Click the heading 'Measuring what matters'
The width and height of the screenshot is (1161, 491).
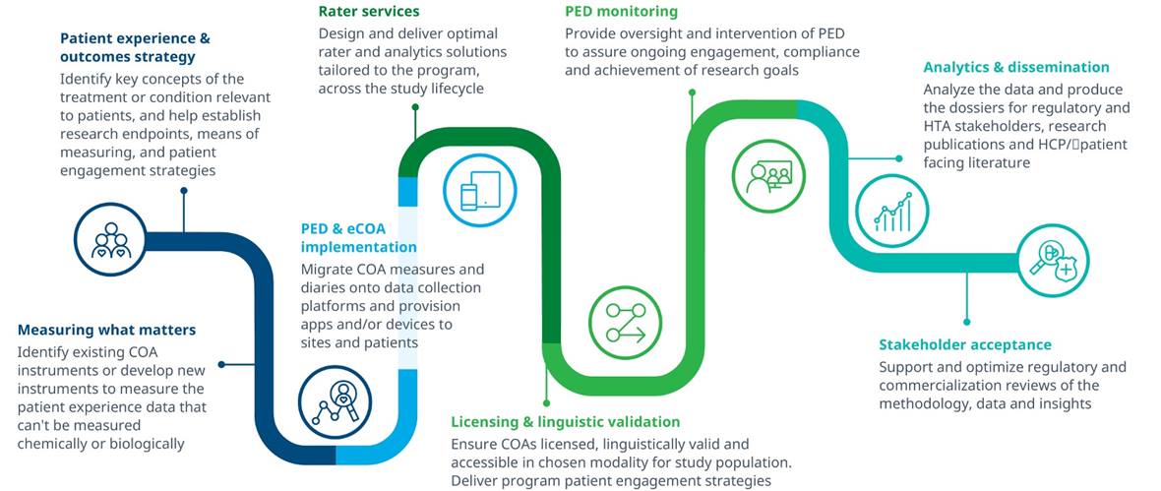(106, 330)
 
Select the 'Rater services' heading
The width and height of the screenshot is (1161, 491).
(369, 12)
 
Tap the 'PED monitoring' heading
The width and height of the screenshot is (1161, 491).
(621, 12)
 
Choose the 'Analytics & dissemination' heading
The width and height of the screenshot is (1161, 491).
(1015, 67)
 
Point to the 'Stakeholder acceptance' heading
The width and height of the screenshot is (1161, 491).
(964, 344)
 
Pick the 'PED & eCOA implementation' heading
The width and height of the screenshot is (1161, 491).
(359, 237)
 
